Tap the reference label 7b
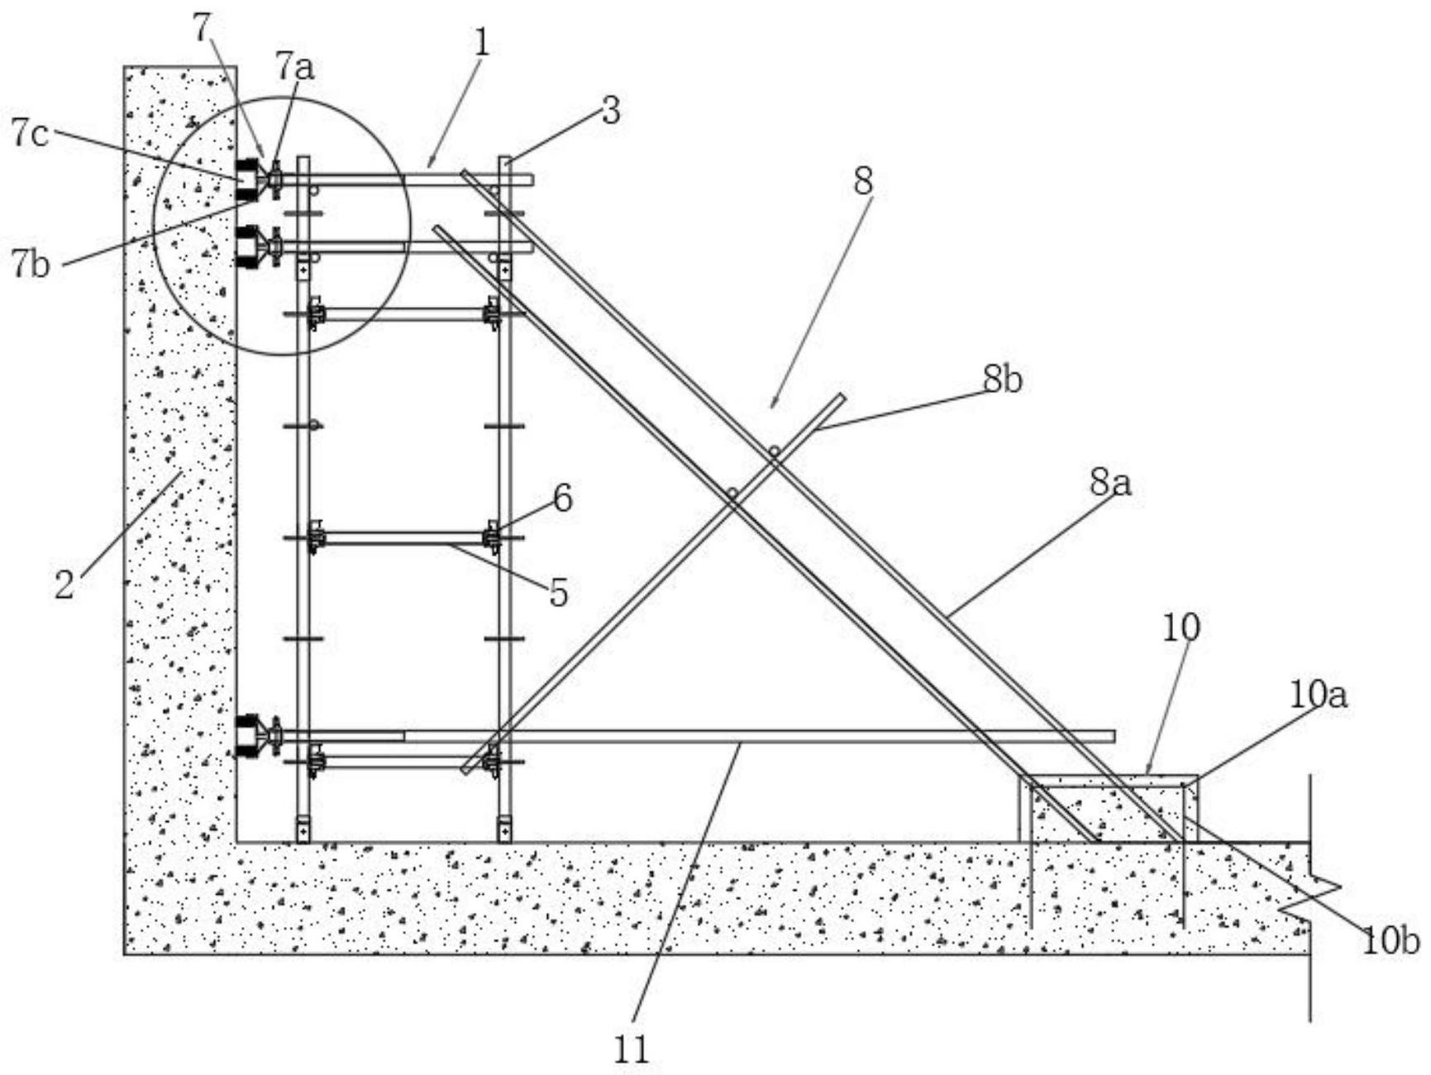click(x=31, y=265)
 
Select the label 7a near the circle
click(x=295, y=66)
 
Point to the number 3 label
click(x=610, y=110)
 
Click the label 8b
click(x=1003, y=380)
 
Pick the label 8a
click(x=1110, y=483)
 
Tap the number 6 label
click(x=562, y=499)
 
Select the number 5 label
click(x=559, y=593)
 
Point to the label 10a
click(x=1319, y=695)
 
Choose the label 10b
click(x=1390, y=941)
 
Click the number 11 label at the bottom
click(x=632, y=1050)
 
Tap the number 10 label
click(x=1181, y=628)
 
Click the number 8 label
click(x=863, y=181)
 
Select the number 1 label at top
click(x=481, y=43)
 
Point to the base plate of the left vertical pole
click(x=303, y=829)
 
